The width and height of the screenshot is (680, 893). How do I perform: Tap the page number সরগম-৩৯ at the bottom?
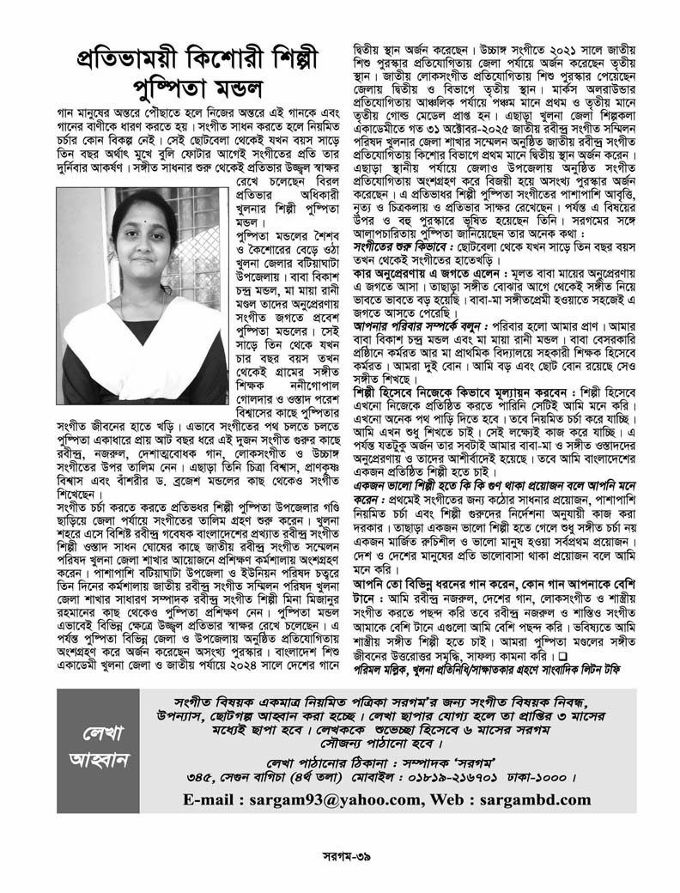tap(338, 860)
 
